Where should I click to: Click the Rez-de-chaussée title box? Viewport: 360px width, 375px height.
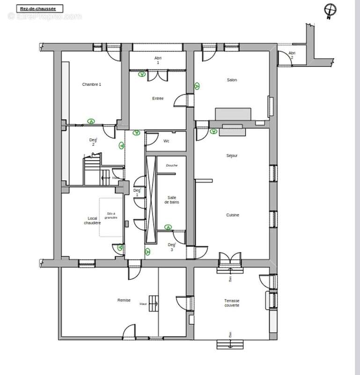[x=39, y=8]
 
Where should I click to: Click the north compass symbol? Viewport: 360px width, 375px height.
[x=331, y=10]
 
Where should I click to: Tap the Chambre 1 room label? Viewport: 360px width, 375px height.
[x=91, y=84]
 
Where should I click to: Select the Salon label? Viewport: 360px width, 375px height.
[x=232, y=80]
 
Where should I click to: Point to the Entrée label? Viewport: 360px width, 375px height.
[x=158, y=98]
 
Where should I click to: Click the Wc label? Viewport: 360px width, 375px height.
[x=166, y=141]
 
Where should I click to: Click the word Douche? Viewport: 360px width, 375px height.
[x=171, y=165]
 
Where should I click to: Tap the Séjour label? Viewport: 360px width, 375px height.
[x=232, y=156]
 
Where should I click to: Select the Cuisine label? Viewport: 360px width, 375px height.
[x=233, y=215]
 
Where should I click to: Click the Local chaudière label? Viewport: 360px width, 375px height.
[x=92, y=221]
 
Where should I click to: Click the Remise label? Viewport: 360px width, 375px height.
[x=124, y=300]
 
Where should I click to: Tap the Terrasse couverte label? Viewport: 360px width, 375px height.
[x=232, y=303]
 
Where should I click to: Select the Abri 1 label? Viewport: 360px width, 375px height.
[x=158, y=60]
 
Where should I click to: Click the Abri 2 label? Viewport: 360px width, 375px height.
[x=292, y=55]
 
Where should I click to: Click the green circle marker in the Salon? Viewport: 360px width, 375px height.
[x=197, y=86]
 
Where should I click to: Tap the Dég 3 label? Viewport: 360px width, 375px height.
[x=172, y=247]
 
